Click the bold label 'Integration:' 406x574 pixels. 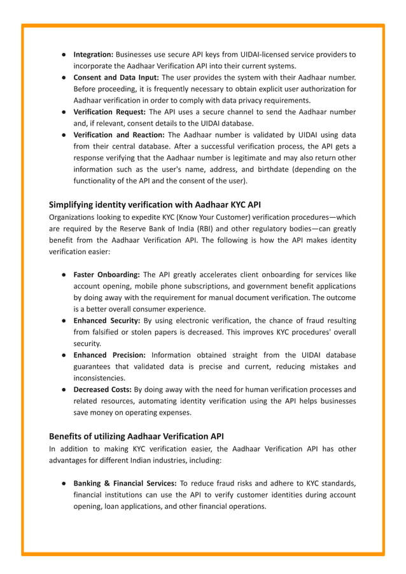(x=94, y=54)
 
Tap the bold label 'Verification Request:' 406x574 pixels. (x=109, y=112)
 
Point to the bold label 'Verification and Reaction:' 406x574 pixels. (x=119, y=135)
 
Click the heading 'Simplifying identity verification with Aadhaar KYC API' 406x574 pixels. (x=155, y=204)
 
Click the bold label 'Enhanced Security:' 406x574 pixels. (x=107, y=320)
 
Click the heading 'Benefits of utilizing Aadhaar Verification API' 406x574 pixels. (x=136, y=436)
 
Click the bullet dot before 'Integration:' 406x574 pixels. (x=65, y=54)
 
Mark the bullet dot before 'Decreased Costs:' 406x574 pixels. (x=65, y=389)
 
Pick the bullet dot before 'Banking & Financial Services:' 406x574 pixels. (x=65, y=483)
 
